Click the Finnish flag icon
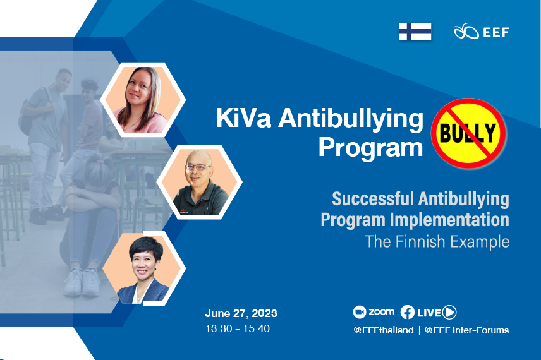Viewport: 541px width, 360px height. pos(415,32)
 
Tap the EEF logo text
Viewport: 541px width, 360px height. pos(495,32)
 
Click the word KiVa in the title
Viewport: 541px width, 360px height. pos(243,118)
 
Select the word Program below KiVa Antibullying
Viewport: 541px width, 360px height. pos(370,148)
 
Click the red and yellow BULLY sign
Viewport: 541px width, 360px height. pos(468,133)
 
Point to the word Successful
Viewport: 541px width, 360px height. pos(373,199)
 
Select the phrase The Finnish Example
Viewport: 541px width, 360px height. pos(437,241)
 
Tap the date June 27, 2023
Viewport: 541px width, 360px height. pos(241,313)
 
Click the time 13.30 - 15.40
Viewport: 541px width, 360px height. pos(238,328)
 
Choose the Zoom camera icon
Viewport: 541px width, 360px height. pos(359,312)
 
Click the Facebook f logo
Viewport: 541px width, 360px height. pos(408,312)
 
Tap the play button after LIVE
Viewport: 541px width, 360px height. pos(449,312)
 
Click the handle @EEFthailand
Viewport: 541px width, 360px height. pos(384,330)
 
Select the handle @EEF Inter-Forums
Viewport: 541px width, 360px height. pos(467,330)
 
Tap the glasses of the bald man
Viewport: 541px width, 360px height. pos(197,167)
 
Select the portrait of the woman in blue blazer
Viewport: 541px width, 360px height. pos(143,268)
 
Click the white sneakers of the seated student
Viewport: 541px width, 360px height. pos(82,282)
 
